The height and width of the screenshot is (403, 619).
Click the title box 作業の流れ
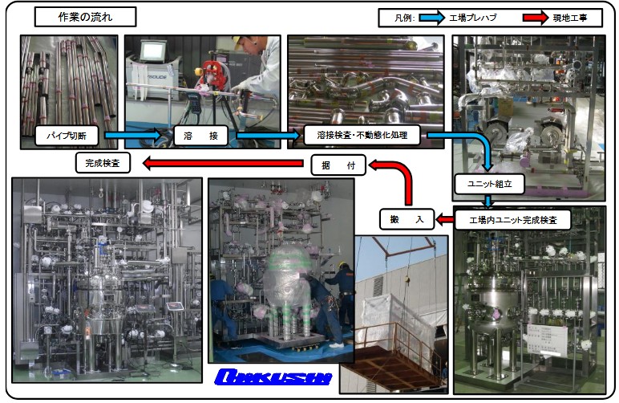pos(86,17)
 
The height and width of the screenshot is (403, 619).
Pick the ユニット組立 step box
pos(489,184)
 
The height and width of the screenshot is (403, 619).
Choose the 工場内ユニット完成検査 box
pos(514,218)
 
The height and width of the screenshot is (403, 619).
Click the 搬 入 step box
pos(405,218)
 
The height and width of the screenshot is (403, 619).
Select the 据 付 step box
pos(338,166)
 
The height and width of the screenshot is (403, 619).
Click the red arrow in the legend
pos(539,18)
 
